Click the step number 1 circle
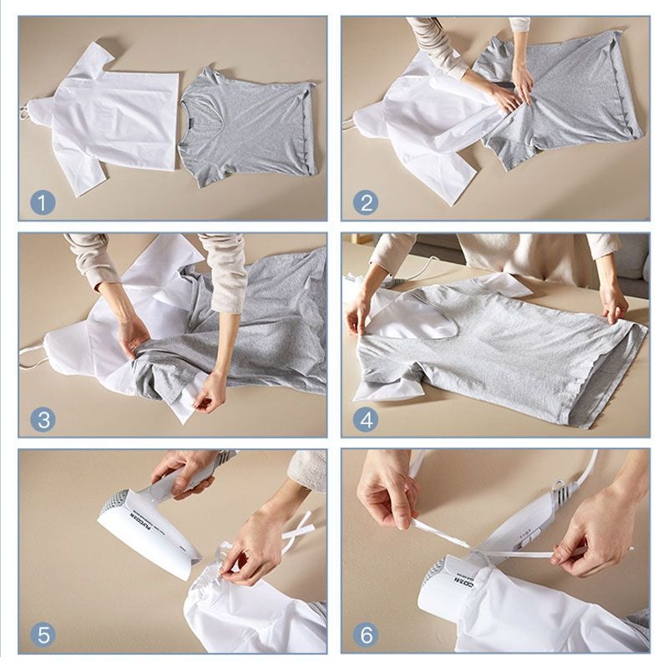point(43,202)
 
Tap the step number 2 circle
point(365,202)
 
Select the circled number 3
point(43,417)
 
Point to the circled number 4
point(365,417)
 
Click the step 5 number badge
point(43,634)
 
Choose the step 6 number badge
point(365,634)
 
